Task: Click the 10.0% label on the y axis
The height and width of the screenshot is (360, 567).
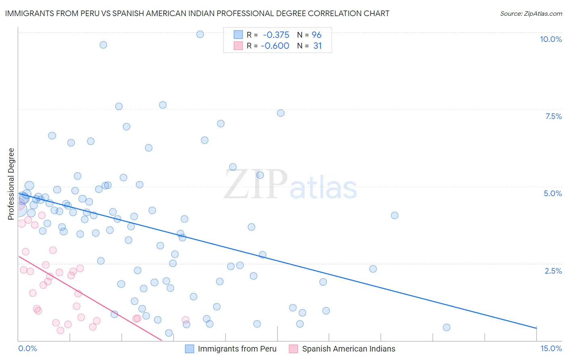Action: coord(550,39)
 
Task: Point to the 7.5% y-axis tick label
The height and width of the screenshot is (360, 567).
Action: coord(553,116)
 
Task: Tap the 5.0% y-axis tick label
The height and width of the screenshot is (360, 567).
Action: coord(552,193)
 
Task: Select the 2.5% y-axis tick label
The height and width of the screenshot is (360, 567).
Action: coord(553,271)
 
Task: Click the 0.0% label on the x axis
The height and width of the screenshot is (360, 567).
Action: coord(27,349)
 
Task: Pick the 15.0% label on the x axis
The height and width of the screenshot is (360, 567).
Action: coord(551,349)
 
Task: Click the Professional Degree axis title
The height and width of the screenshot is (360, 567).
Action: coord(11,184)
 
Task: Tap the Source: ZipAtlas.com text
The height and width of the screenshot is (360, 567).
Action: coord(531,14)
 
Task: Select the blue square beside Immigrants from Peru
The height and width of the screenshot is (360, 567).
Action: coord(190,349)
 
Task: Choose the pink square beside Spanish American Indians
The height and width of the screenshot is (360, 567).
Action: coord(294,349)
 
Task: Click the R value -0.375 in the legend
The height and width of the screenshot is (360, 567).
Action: coord(276,35)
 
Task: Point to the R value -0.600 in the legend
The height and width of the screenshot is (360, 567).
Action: coord(275,46)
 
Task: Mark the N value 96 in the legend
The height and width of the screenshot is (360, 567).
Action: coord(317,35)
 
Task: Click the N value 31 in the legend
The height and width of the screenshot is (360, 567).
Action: coord(317,46)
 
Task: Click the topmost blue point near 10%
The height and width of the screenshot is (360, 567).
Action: coord(200,34)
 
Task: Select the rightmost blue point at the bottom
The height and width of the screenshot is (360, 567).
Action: coord(446,327)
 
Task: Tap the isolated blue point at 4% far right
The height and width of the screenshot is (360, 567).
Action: coord(395,216)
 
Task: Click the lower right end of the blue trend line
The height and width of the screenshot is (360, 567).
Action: coord(536,328)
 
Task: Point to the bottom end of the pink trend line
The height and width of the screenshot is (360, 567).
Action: coord(162,340)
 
